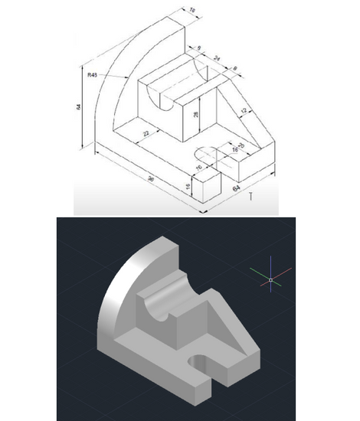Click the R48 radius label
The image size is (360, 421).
92,75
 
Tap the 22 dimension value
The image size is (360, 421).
144,134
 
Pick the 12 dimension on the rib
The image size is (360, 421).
243,112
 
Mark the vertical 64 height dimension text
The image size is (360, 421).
79,107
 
